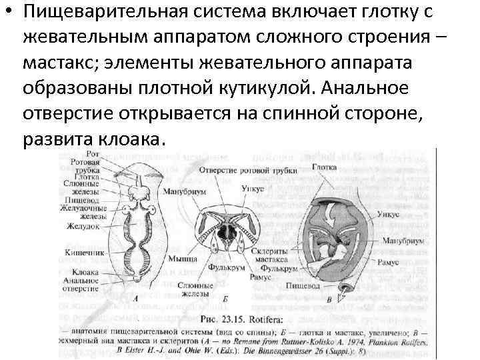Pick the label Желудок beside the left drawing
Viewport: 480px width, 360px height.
tap(82, 226)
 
